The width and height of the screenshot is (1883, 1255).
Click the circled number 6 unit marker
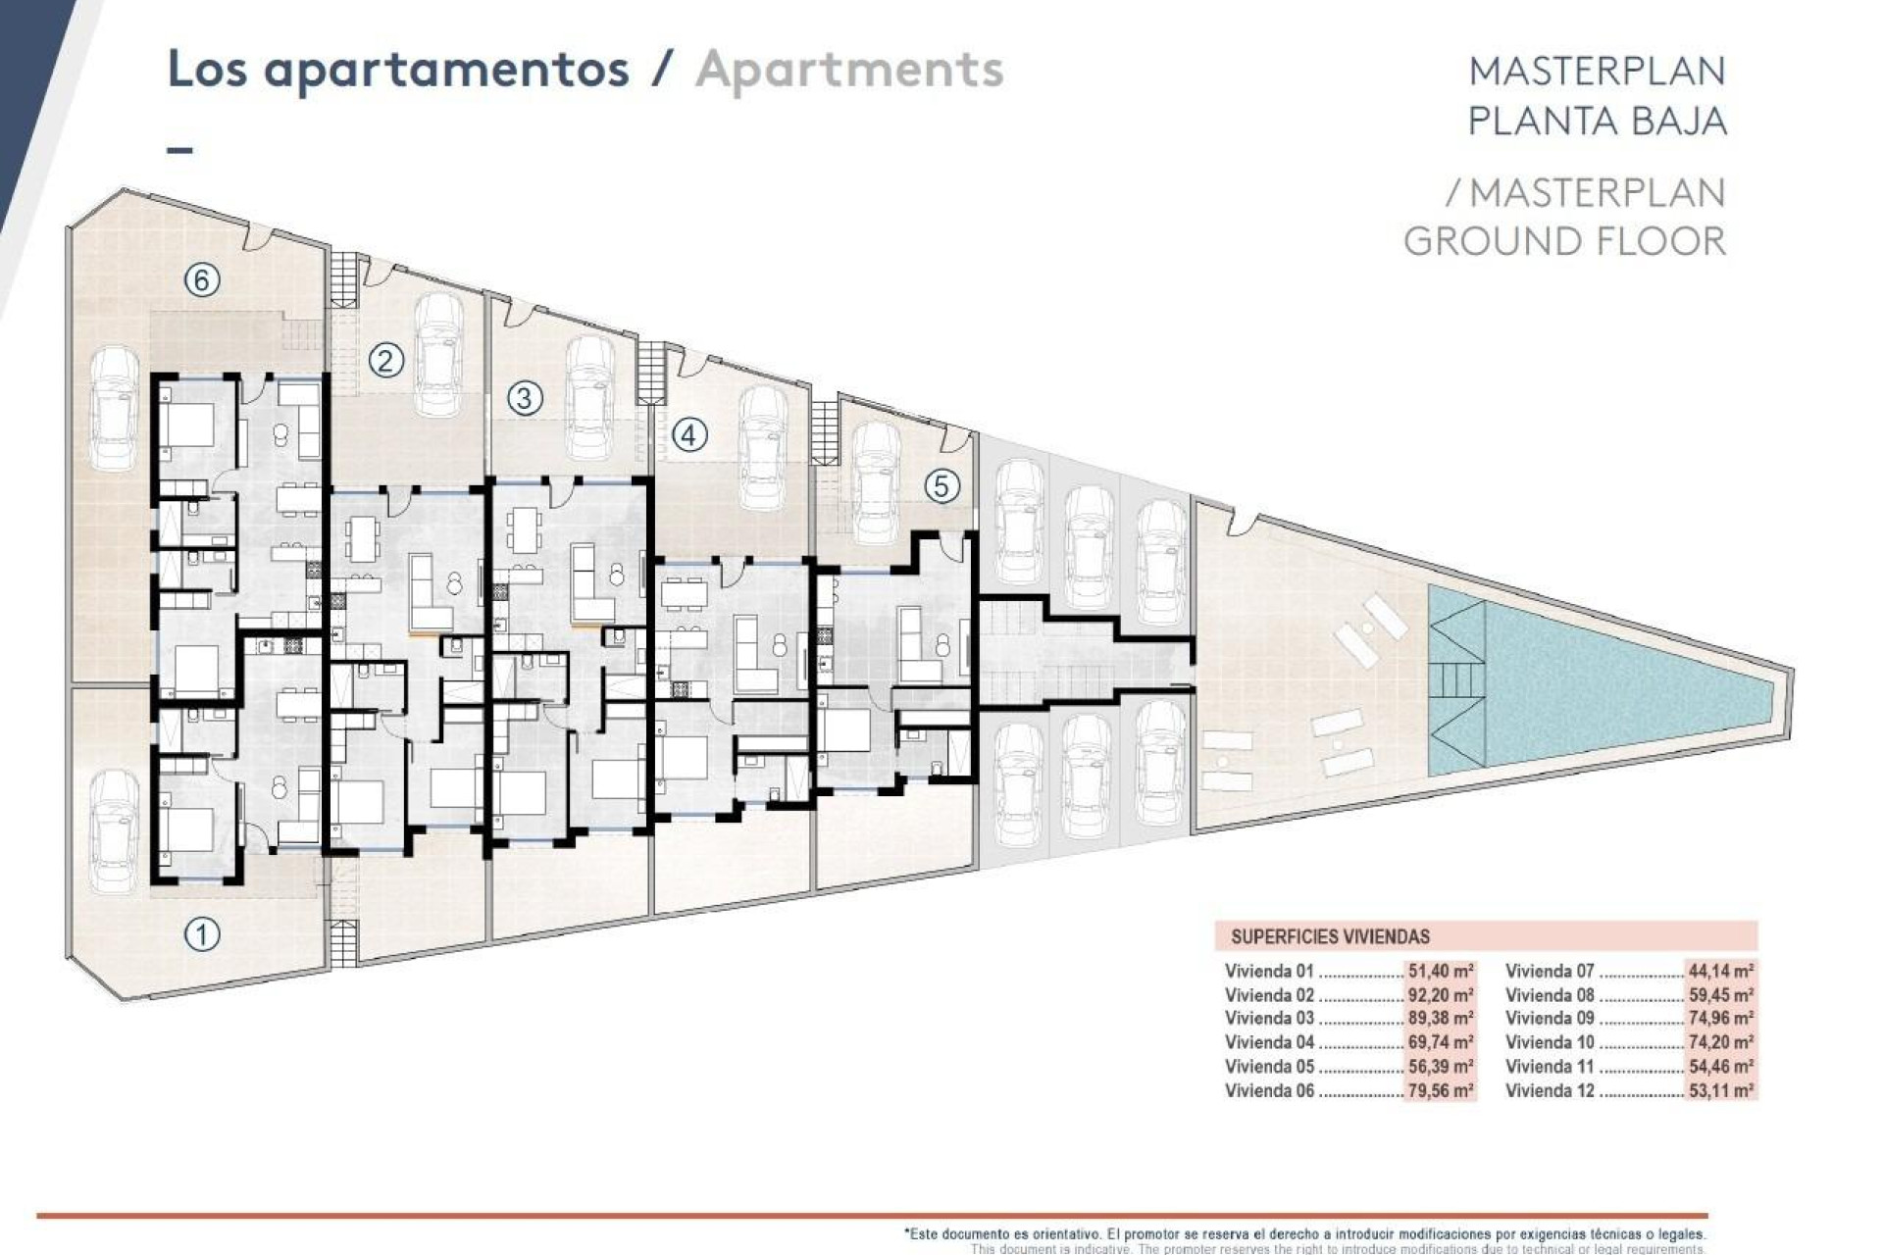point(201,280)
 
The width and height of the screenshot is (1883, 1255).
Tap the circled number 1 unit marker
point(202,933)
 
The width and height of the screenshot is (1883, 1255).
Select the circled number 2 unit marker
point(385,361)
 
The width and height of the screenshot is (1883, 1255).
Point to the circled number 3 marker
point(525,398)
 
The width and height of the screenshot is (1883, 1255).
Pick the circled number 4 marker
point(689,434)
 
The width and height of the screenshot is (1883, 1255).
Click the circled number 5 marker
point(941,485)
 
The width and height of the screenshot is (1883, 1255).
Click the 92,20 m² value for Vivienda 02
point(1440,995)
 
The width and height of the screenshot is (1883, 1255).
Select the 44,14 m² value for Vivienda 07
point(1720,972)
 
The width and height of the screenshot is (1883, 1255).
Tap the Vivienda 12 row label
point(1550,1090)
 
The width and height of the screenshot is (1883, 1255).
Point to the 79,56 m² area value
point(1440,1090)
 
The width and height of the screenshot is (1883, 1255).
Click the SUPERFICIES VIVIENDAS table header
point(1330,936)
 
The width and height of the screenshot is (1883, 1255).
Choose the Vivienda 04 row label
point(1269,1042)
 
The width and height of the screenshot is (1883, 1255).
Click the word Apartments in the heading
point(849,70)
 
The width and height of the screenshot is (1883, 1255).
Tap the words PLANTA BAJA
point(1597,121)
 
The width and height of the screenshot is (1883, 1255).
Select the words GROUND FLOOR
point(1564,241)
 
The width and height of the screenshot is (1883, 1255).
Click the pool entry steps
point(1455,678)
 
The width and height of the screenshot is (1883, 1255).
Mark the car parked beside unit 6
point(116,409)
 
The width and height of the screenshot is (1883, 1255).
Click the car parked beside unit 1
point(115,830)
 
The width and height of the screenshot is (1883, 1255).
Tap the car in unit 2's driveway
point(438,355)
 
